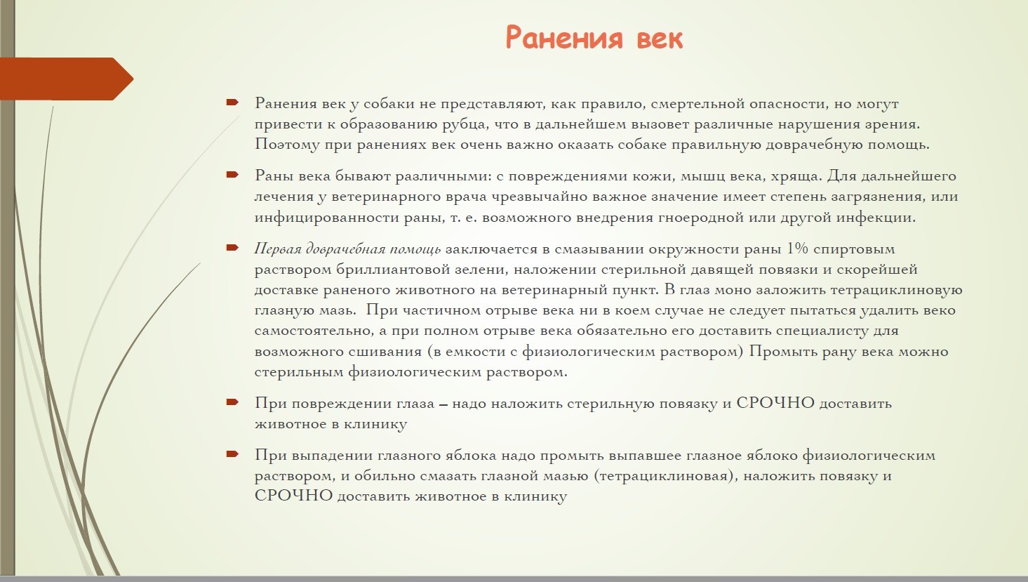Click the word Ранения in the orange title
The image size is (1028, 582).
[x=564, y=38]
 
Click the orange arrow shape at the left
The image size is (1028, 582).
[x=67, y=79]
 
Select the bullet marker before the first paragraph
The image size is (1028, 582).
[x=232, y=102]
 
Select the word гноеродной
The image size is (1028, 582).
[x=701, y=218]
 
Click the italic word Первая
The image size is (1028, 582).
[x=278, y=249]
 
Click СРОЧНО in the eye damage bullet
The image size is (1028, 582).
[x=775, y=403]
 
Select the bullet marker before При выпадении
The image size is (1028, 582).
[x=232, y=454]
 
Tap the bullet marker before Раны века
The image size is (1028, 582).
[x=232, y=175]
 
